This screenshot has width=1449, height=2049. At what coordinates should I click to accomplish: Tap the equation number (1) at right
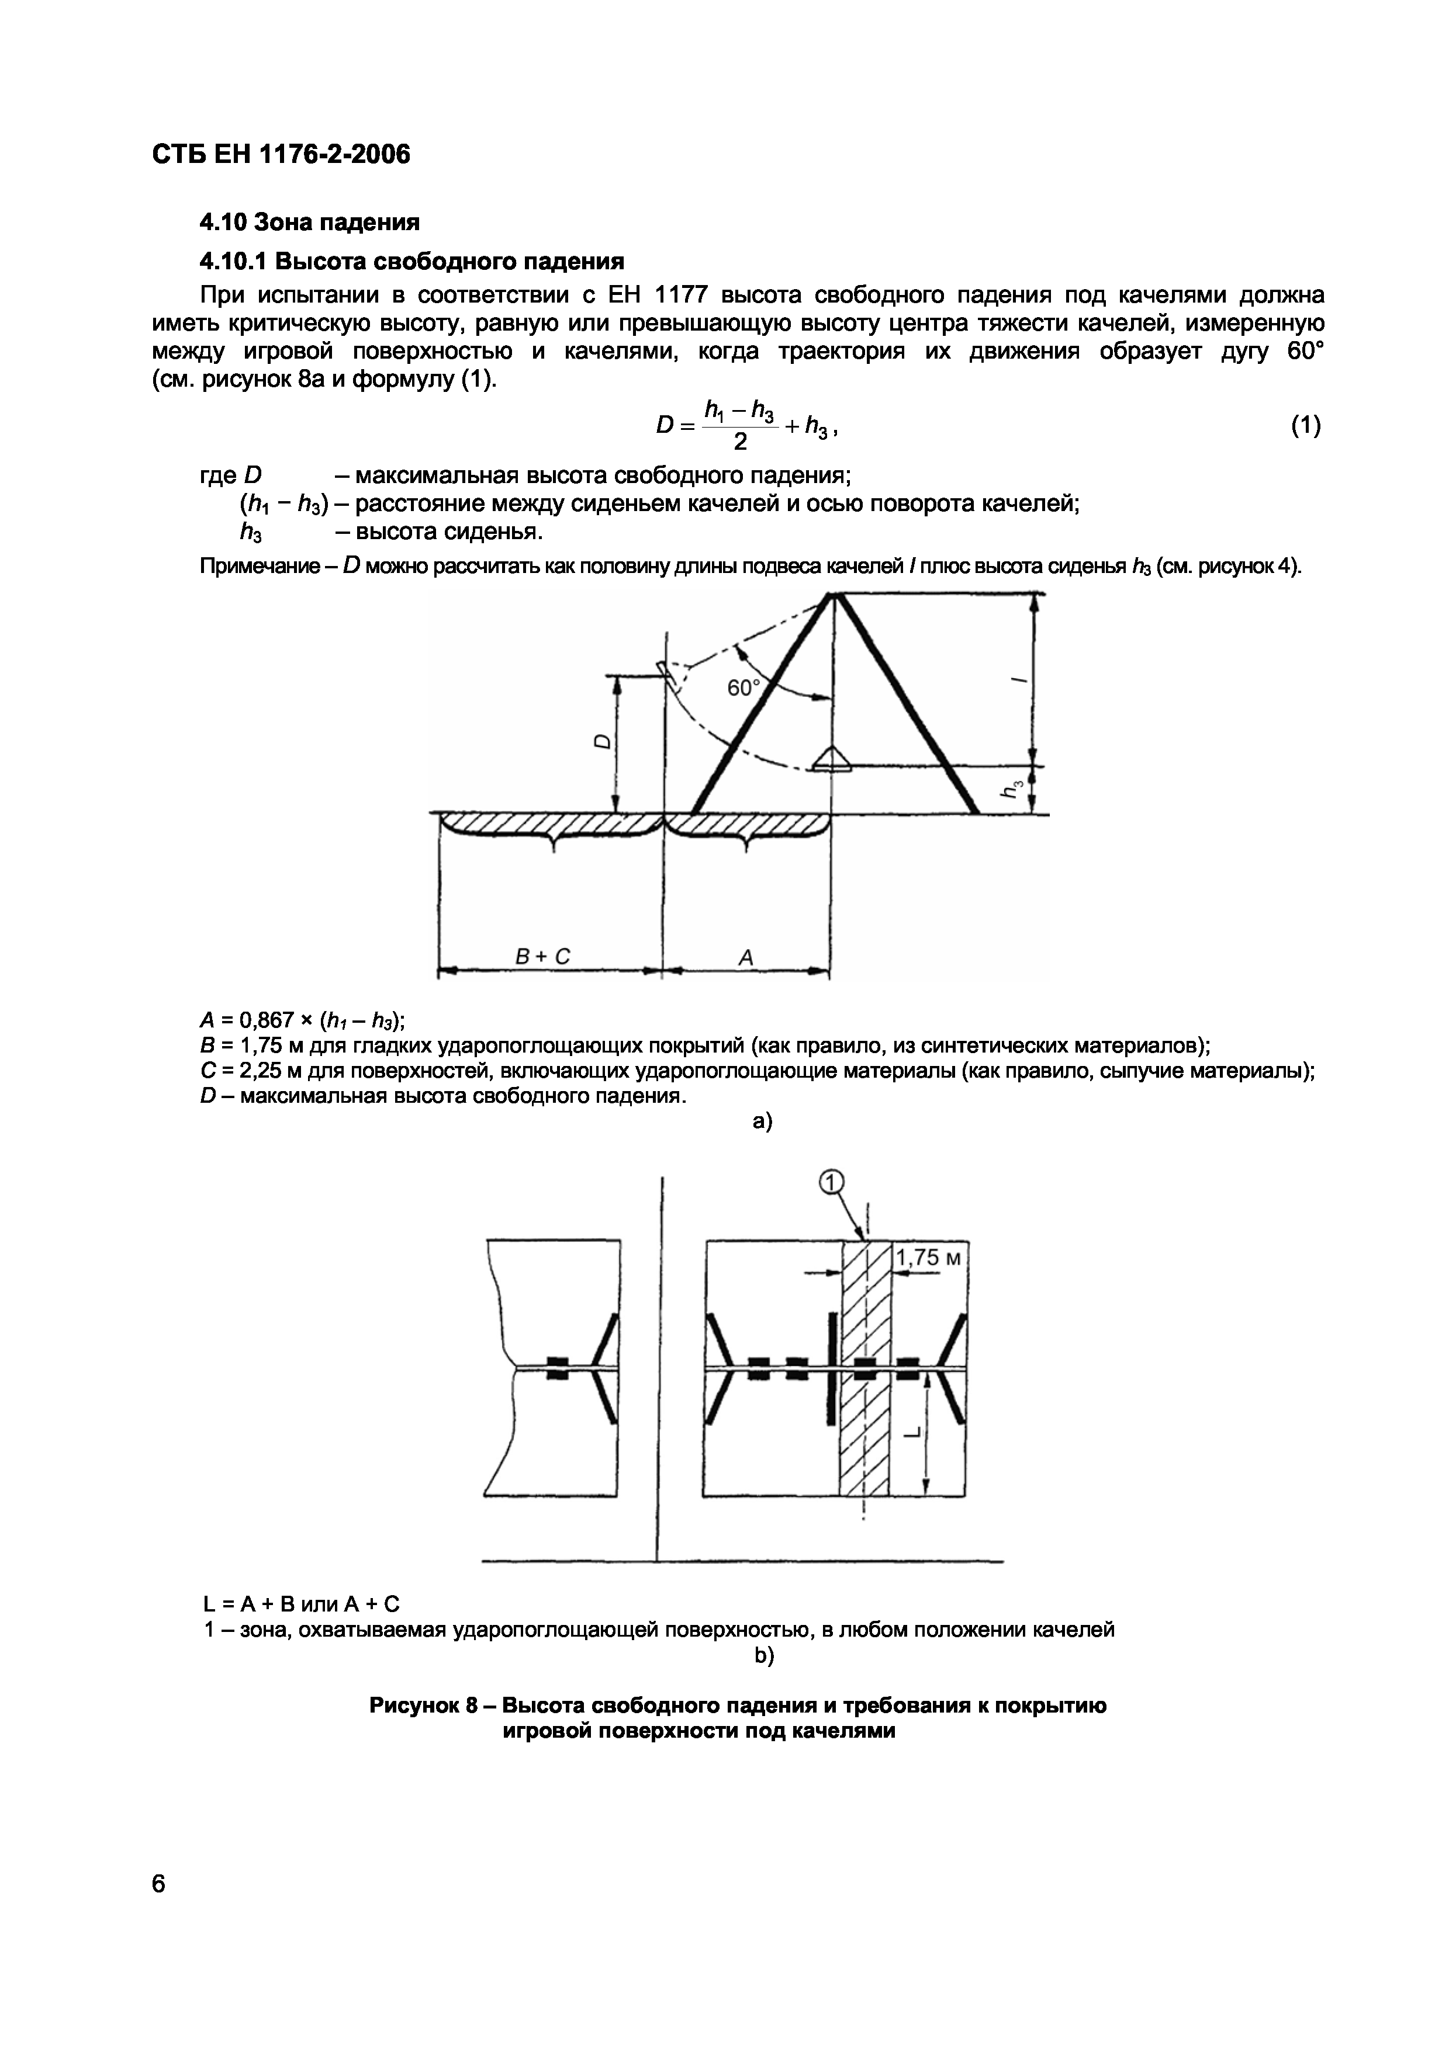(1305, 426)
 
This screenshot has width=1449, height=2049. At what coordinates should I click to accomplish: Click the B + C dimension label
(543, 957)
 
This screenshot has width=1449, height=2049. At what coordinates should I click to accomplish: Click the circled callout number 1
(829, 1182)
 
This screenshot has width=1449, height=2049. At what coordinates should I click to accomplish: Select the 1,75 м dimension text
(929, 1258)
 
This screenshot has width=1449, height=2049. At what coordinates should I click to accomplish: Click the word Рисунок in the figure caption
(415, 1706)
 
